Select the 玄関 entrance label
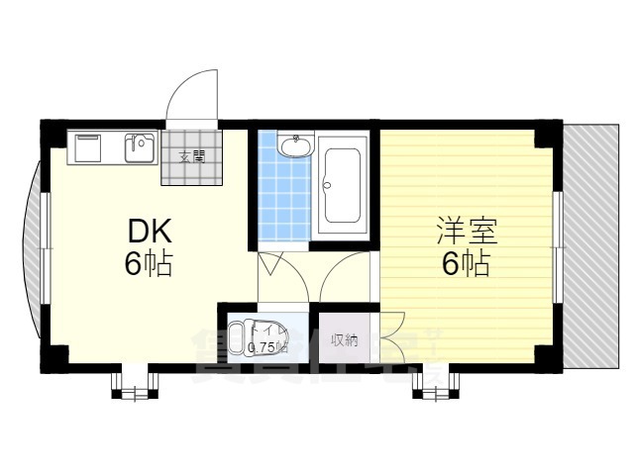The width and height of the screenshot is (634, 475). pyautogui.click(x=191, y=156)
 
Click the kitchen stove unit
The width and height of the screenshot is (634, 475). pyautogui.click(x=87, y=148)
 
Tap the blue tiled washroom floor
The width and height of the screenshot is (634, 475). pyautogui.click(x=283, y=198)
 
